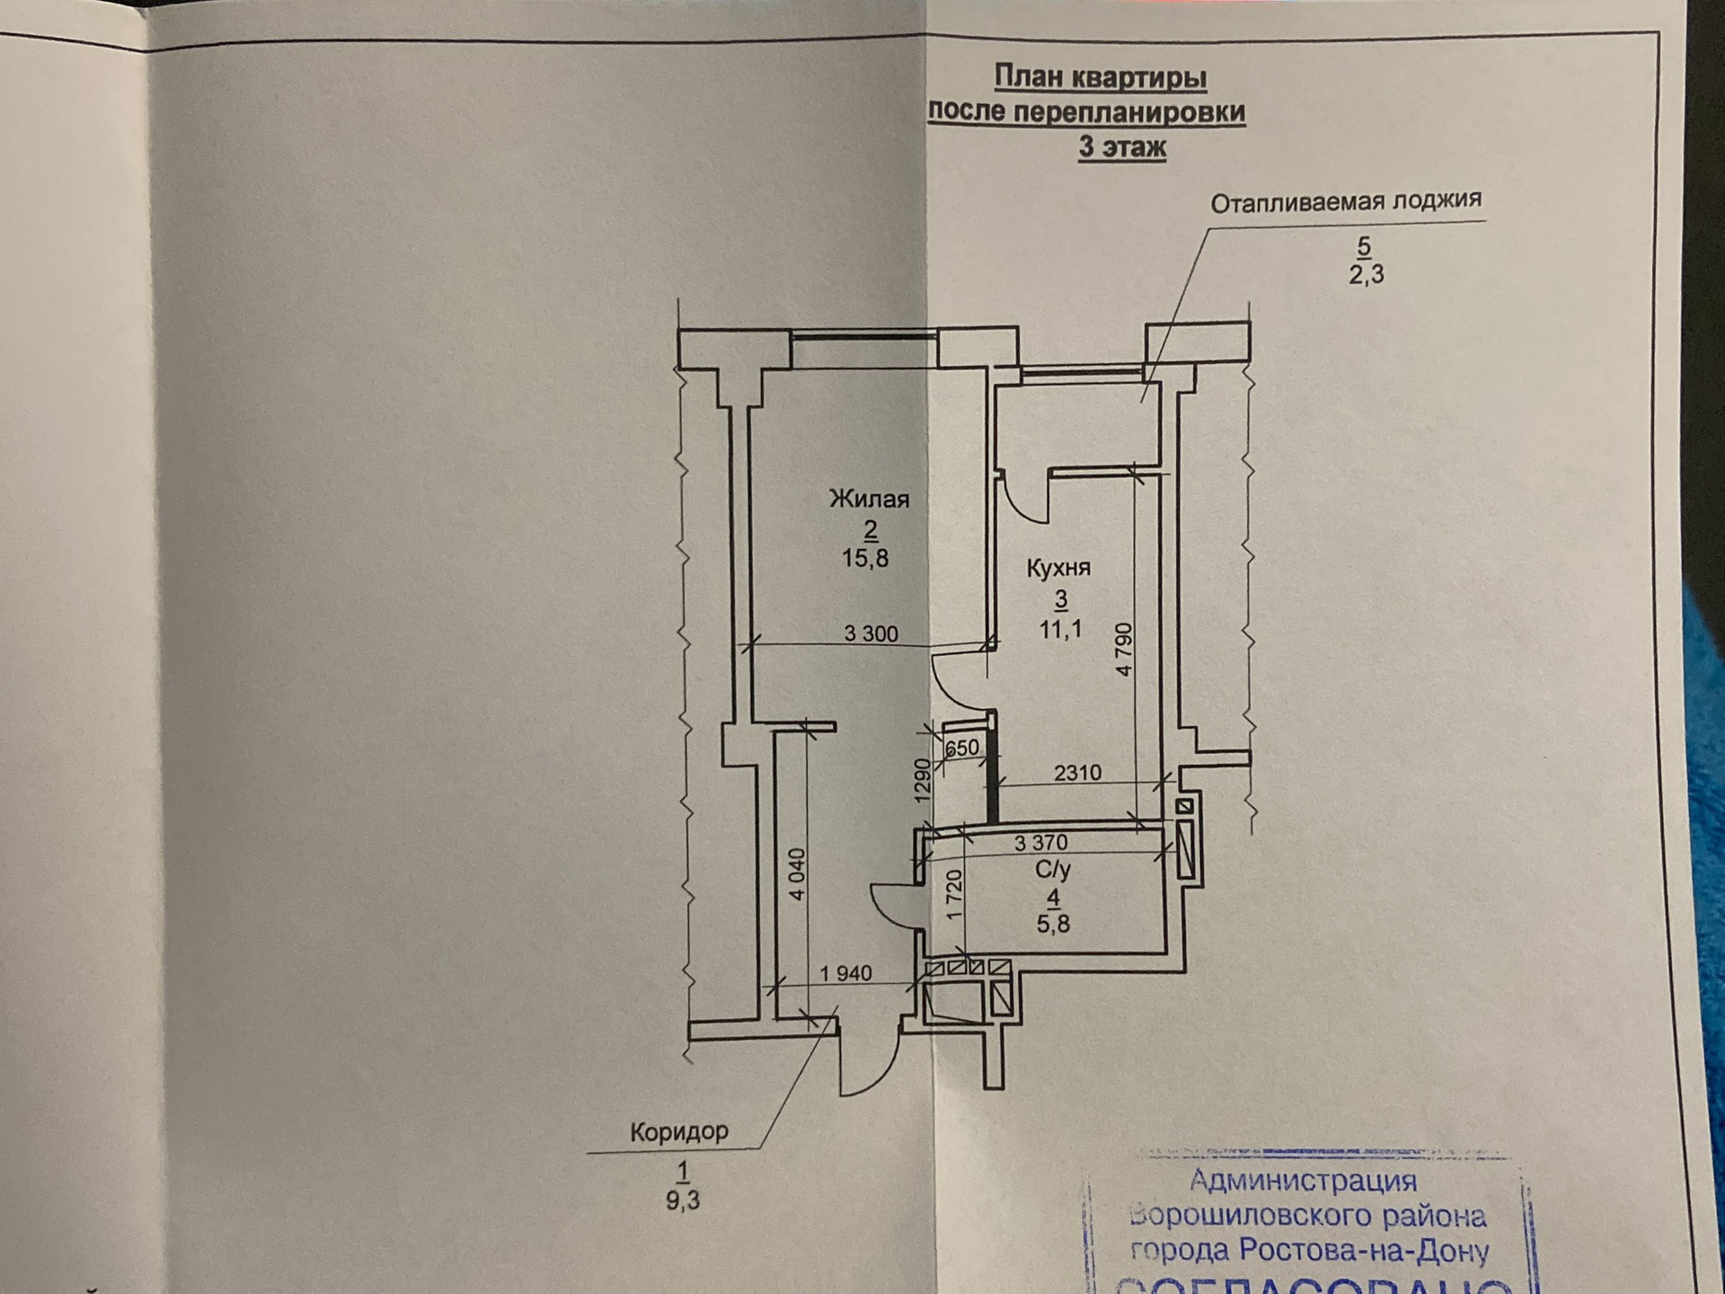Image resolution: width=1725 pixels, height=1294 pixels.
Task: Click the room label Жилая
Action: [869, 499]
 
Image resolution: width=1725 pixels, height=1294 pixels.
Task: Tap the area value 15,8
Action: [865, 558]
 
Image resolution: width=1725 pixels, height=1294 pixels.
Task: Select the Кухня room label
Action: [1058, 568]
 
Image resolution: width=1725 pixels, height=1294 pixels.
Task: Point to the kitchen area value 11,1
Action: [1060, 629]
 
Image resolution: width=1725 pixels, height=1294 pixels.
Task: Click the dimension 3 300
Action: [871, 634]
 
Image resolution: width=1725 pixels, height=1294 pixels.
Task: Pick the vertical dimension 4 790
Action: [1124, 649]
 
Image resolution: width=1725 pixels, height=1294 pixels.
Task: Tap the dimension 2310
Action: [1077, 772]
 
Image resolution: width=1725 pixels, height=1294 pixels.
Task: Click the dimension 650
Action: [961, 748]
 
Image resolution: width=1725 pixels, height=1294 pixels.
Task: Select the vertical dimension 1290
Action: [923, 781]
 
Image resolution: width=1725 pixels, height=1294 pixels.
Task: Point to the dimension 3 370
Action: [1040, 843]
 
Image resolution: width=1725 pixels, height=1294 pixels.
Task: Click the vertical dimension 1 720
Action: [954, 893]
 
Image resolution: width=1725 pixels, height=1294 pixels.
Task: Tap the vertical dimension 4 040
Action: [797, 874]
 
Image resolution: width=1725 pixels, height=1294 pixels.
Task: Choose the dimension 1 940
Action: [845, 973]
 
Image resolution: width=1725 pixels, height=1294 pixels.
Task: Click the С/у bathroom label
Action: [1053, 870]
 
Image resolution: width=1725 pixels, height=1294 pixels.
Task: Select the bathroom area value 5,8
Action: [1053, 924]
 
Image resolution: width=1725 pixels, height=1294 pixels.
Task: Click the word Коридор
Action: [679, 1131]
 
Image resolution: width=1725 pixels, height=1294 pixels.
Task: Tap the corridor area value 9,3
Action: [683, 1201]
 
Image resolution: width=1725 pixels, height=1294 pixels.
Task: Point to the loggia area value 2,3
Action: [1366, 274]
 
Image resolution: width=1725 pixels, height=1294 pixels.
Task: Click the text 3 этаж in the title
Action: [1122, 146]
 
